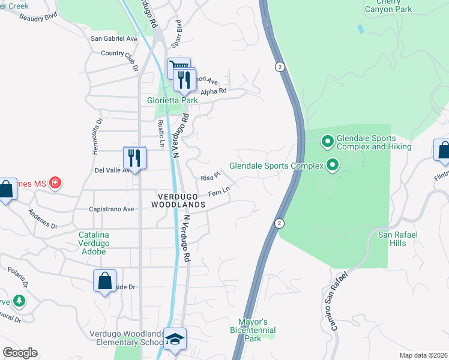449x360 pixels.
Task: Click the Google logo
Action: click(x=20, y=353)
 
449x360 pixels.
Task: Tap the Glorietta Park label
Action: click(x=173, y=100)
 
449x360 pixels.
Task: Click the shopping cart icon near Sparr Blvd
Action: click(x=179, y=67)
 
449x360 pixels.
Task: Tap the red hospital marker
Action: click(x=55, y=182)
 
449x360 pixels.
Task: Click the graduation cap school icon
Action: click(x=175, y=339)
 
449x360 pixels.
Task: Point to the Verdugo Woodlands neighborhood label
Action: click(x=181, y=200)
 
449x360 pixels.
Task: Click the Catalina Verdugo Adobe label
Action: click(x=92, y=243)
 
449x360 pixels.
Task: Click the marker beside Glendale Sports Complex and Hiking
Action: click(x=327, y=142)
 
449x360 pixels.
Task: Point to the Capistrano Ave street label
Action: click(x=111, y=209)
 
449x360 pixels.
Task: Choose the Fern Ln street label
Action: click(x=219, y=192)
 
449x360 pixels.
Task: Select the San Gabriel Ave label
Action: click(x=114, y=38)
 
